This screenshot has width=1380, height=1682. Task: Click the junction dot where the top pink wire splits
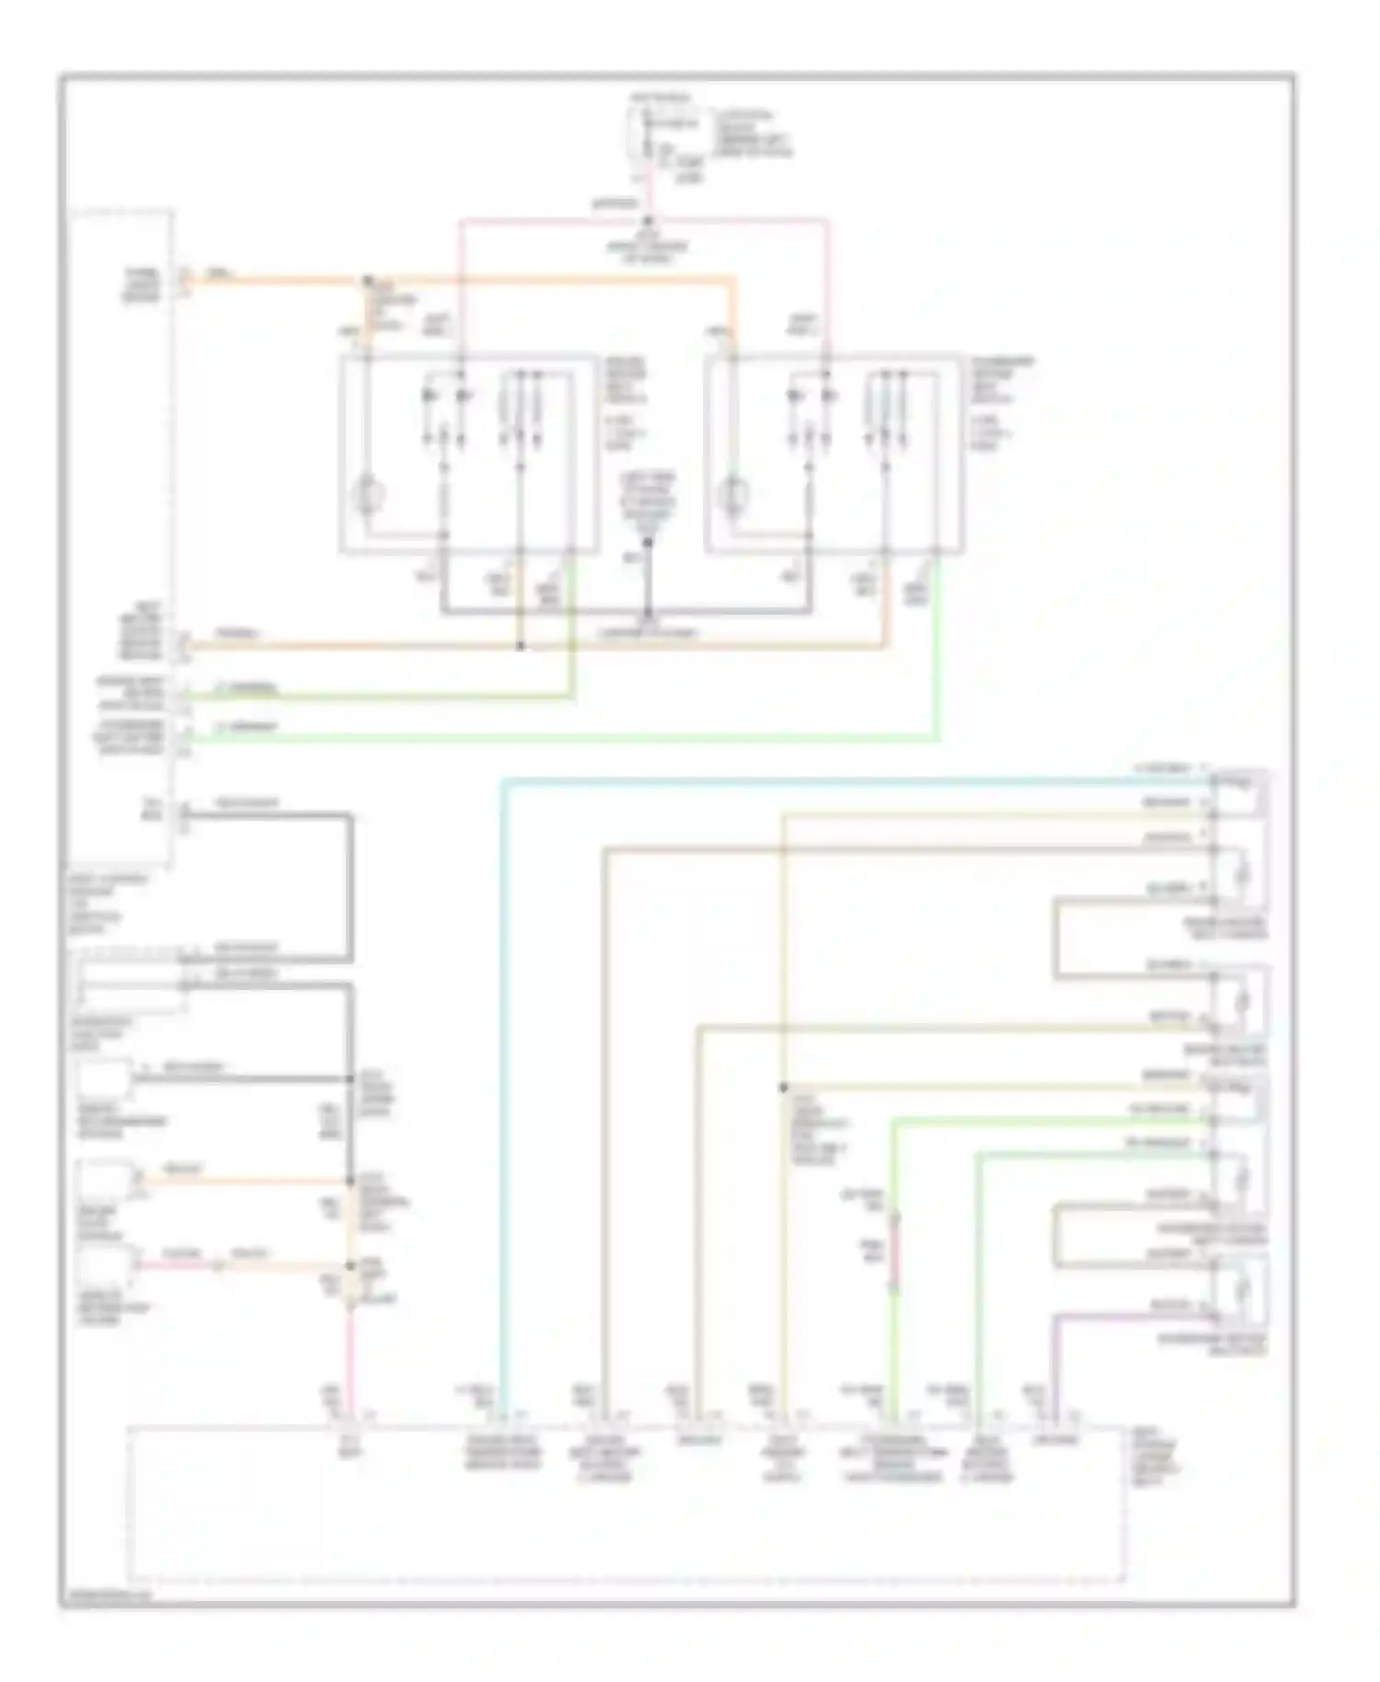(x=647, y=221)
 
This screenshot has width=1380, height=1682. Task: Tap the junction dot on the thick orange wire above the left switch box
(x=368, y=280)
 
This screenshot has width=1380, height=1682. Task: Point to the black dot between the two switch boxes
(x=648, y=542)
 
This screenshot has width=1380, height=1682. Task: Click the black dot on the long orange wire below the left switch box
(x=520, y=646)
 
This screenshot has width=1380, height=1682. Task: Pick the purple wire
(x=1054, y=1362)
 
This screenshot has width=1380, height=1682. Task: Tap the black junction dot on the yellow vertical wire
(x=783, y=1088)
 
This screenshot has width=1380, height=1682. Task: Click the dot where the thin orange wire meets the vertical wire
(x=351, y=1181)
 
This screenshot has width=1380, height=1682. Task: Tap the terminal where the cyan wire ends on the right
(x=1213, y=780)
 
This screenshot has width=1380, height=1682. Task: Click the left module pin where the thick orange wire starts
(x=183, y=279)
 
